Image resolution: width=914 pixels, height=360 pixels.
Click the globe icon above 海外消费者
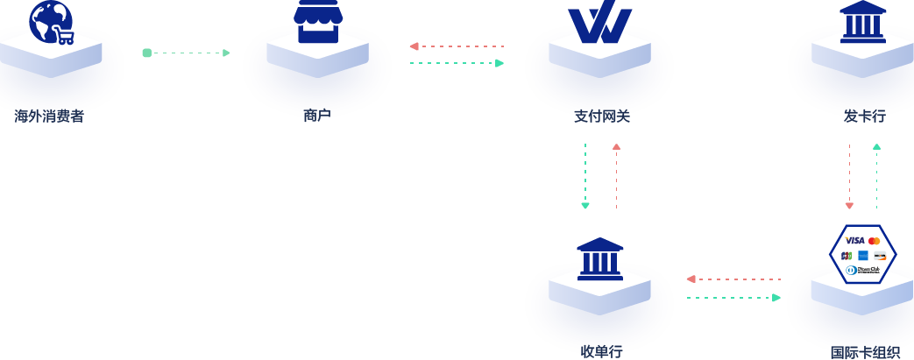(49, 20)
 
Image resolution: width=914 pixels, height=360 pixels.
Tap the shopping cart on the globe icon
(65, 36)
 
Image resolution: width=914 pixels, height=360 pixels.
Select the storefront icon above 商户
(317, 21)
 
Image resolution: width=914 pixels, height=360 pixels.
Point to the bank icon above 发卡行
(862, 22)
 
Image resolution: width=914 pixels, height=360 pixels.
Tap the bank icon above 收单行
(599, 259)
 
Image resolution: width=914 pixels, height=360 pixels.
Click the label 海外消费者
(49, 116)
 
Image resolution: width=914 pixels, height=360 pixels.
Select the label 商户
(317, 116)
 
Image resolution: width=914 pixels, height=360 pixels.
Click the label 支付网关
(601, 116)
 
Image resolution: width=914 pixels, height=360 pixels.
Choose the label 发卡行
(864, 116)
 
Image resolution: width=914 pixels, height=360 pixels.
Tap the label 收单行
(601, 352)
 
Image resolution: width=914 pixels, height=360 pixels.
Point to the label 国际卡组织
(864, 352)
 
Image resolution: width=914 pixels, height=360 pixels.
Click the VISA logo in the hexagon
(854, 240)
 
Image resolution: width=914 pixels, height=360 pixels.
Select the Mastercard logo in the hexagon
(874, 240)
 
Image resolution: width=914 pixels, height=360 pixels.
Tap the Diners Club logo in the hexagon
(863, 270)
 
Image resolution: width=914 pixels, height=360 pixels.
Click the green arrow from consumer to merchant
(186, 53)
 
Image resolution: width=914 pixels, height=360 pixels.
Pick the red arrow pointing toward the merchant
(456, 46)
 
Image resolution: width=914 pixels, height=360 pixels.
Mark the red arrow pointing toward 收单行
(733, 279)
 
